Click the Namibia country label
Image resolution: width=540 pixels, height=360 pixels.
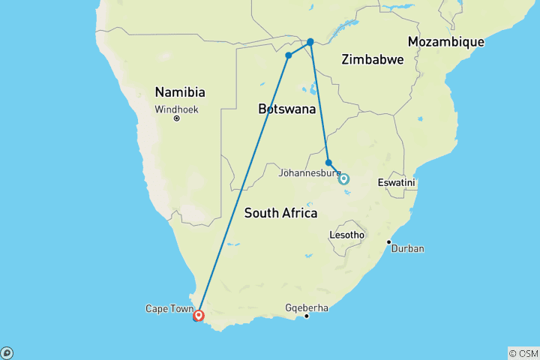click(x=180, y=92)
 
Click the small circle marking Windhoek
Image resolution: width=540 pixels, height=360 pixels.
click(x=176, y=118)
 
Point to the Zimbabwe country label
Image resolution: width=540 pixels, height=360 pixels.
click(x=372, y=60)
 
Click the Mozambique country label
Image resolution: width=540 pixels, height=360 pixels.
click(x=445, y=42)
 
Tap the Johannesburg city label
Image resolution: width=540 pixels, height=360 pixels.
click(x=309, y=173)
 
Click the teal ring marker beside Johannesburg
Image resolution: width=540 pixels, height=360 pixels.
click(x=343, y=178)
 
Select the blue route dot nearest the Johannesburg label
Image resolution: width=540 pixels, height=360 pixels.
click(x=328, y=163)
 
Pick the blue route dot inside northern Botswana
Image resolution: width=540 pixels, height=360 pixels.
click(x=288, y=55)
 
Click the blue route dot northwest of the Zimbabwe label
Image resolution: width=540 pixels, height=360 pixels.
click(x=310, y=42)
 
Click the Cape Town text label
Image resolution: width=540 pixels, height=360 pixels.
click(x=169, y=308)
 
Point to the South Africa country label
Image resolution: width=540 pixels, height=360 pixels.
click(x=280, y=214)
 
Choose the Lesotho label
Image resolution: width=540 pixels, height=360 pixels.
click(x=347, y=235)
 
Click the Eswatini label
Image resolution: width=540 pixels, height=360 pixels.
click(x=397, y=183)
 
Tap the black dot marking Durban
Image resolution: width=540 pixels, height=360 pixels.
click(x=388, y=241)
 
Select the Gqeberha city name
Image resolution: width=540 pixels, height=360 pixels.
click(x=307, y=307)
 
